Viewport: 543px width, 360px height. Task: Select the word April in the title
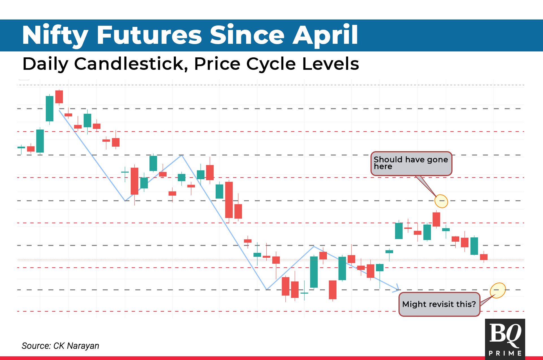[325, 36]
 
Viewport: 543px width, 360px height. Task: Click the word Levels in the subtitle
[331, 64]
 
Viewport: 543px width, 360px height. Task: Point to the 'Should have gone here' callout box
[411, 164]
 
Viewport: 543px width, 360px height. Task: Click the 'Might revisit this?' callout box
[439, 304]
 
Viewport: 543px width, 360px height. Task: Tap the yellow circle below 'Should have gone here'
[441, 201]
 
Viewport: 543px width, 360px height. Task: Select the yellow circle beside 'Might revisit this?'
[498, 290]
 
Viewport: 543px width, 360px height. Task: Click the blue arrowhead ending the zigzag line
[398, 288]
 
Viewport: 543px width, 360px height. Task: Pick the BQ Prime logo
[505, 339]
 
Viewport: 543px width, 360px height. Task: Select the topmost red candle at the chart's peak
[59, 97]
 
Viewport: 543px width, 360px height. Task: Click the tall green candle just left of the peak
[49, 109]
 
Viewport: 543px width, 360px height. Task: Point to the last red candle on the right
[484, 257]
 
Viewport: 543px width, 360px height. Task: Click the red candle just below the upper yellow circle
[436, 219]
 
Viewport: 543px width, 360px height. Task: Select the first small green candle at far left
[21, 148]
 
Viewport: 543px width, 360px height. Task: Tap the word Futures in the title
[149, 36]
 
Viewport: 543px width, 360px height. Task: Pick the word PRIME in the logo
[505, 353]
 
